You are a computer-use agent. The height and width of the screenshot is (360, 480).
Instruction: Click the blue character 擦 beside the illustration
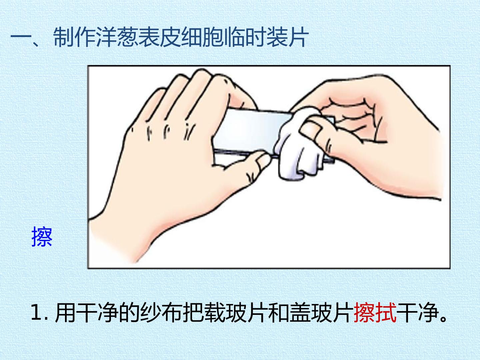point(42,237)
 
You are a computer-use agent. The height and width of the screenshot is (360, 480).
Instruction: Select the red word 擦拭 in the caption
point(375,313)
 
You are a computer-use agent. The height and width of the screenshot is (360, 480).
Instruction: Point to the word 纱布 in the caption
point(161,313)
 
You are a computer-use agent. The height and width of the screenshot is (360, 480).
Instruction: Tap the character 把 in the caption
point(194,313)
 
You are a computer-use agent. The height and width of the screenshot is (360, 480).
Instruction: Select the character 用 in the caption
point(65,313)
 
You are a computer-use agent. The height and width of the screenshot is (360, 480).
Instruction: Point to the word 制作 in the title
point(75,37)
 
